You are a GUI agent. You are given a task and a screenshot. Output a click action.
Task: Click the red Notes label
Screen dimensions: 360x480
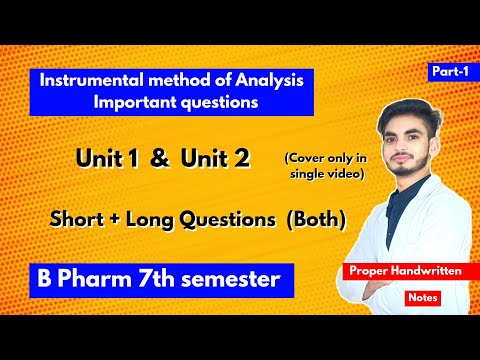418,297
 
